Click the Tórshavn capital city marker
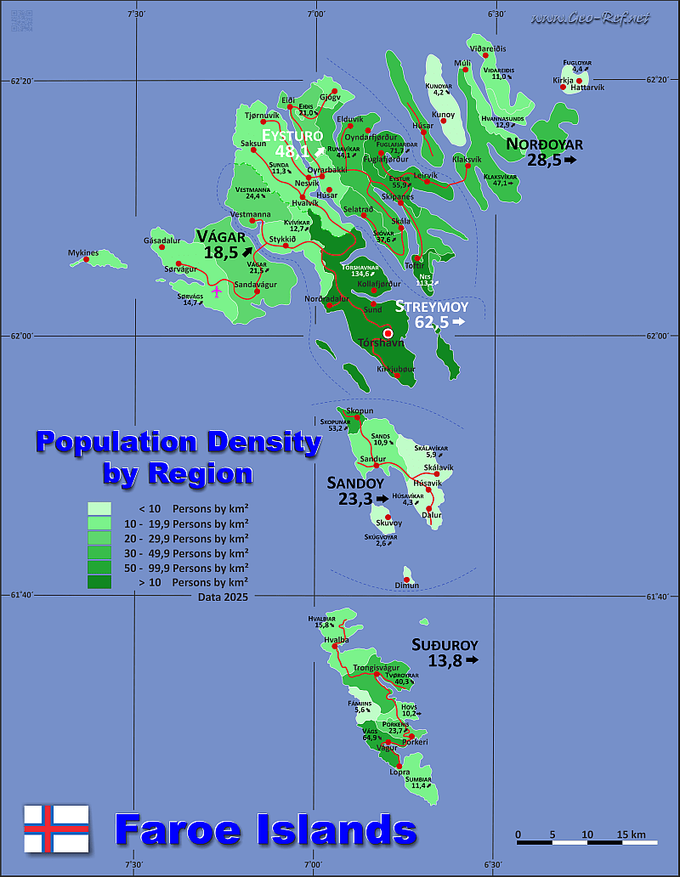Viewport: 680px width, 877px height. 388,333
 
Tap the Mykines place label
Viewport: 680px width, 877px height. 84,252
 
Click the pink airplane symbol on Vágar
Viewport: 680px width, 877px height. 217,291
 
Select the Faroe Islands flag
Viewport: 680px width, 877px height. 56,829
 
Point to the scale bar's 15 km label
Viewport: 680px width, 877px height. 632,834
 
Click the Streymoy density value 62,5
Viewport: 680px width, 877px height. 433,322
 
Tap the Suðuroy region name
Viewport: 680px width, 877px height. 445,644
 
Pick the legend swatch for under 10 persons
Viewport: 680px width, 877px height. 99,508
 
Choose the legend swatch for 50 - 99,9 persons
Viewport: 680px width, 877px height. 99,568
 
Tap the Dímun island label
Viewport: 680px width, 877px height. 407,586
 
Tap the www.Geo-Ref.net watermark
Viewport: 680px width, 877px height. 588,18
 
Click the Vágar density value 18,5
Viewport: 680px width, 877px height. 220,252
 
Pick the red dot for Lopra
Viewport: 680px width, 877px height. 399,766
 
